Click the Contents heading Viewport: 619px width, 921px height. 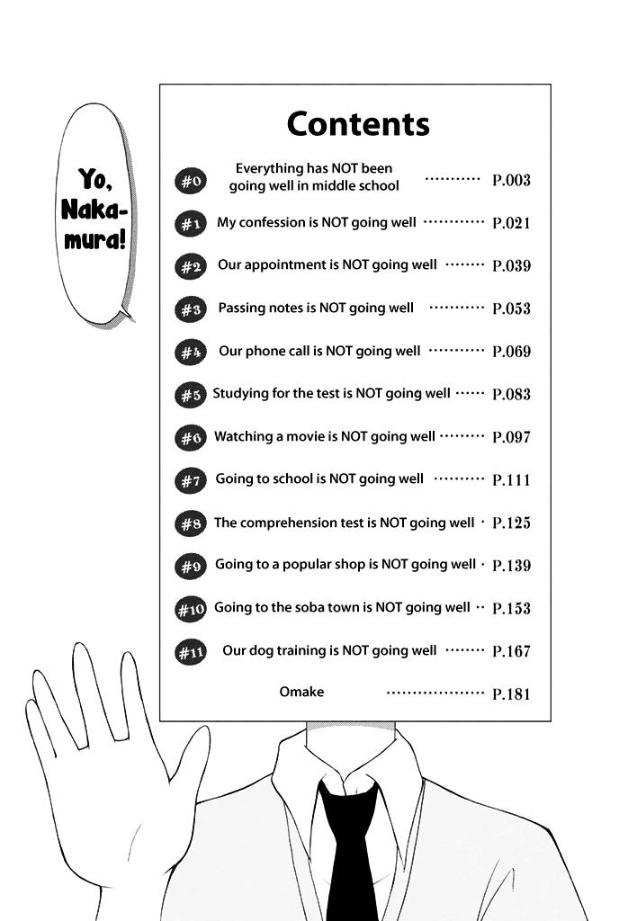pyautogui.click(x=358, y=124)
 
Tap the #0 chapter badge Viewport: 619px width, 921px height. pyautogui.click(x=190, y=180)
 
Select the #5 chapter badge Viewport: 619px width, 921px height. pyautogui.click(x=190, y=395)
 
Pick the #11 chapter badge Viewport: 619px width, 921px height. pyautogui.click(x=190, y=652)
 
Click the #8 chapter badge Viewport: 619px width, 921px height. pyautogui.click(x=190, y=523)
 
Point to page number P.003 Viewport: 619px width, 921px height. pyautogui.click(x=511, y=180)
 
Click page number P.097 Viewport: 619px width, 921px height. pyautogui.click(x=511, y=437)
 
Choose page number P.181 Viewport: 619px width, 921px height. pyautogui.click(x=511, y=694)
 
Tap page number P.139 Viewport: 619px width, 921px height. pyautogui.click(x=511, y=566)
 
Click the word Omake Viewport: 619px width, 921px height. pyautogui.click(x=301, y=692)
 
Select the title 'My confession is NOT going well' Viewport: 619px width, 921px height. pyautogui.click(x=317, y=223)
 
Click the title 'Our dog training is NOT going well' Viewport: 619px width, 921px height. pyautogui.click(x=329, y=651)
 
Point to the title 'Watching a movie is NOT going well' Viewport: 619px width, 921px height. pyautogui.click(x=325, y=436)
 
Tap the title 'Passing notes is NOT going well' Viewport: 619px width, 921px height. pyautogui.click(x=316, y=308)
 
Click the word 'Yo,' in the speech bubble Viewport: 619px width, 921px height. pyautogui.click(x=95, y=179)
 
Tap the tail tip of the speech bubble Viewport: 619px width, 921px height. pyautogui.click(x=134, y=321)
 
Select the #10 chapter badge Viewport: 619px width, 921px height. pyautogui.click(x=190, y=609)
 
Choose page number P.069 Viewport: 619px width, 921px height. pyautogui.click(x=511, y=352)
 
